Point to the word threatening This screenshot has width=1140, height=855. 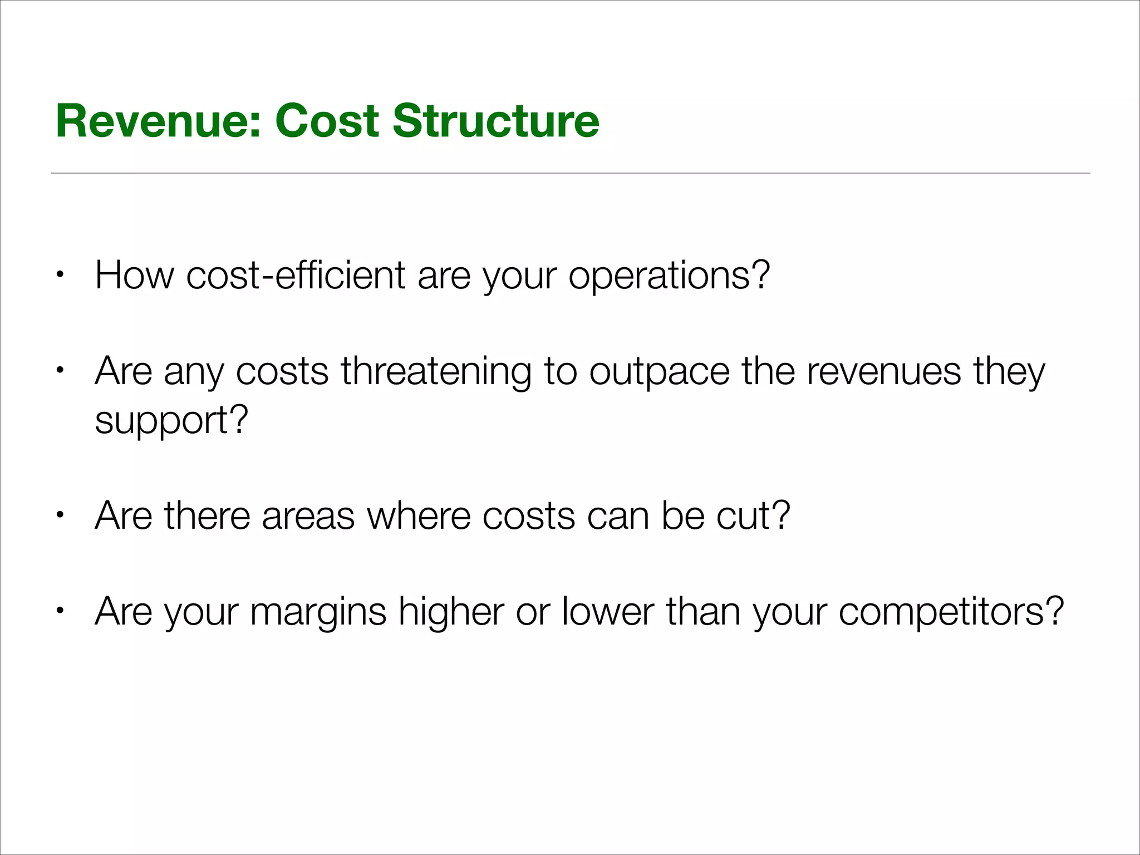pos(436,372)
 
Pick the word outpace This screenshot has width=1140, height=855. pos(659,372)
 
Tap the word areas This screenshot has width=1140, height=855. pos(308,516)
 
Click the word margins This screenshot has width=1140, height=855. pos(318,612)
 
